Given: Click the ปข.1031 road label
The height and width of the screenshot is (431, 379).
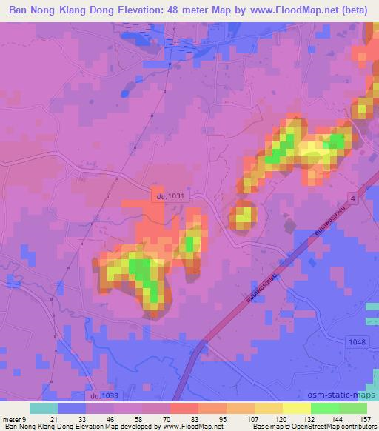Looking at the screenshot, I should (x=164, y=195).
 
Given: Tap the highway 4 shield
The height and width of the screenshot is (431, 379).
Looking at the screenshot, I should (x=353, y=201).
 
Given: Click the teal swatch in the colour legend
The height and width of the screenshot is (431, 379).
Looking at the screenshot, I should (x=44, y=407).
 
